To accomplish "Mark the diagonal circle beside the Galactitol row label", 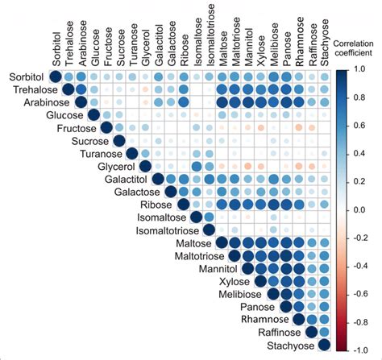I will coord(158,179).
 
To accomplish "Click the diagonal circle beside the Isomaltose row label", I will coord(196,217).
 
